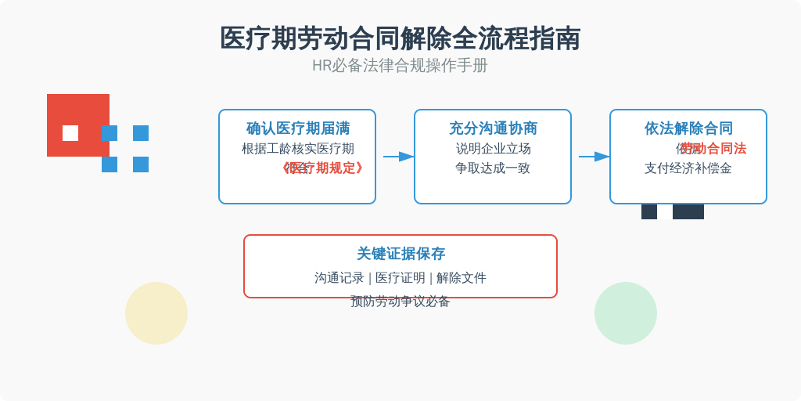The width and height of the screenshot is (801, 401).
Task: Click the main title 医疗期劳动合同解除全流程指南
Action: [400, 38]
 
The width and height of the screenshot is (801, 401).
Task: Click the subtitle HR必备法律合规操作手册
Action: [400, 66]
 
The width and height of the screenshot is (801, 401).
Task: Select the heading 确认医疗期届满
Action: [297, 128]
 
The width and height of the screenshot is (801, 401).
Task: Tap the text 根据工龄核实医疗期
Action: [297, 149]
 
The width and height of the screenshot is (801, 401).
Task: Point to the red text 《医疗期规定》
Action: [323, 168]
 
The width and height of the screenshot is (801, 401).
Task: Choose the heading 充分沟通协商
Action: [493, 128]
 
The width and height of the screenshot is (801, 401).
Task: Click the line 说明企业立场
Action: [493, 149]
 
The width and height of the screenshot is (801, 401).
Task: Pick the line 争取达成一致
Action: [493, 168]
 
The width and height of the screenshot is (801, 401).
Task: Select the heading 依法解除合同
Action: [688, 128]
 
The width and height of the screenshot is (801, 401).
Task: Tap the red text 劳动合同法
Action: [714, 149]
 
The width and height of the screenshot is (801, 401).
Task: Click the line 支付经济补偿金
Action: [688, 168]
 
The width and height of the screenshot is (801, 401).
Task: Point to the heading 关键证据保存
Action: [400, 254]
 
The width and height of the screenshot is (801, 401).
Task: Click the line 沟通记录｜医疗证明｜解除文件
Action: [400, 278]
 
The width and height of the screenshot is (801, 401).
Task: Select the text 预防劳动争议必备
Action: [400, 302]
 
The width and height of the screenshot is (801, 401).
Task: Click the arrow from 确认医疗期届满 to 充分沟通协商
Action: [399, 157]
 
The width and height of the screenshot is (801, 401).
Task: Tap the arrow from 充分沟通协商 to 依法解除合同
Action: [594, 157]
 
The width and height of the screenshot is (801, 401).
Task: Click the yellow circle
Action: [156, 313]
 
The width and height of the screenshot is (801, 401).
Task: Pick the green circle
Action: [626, 313]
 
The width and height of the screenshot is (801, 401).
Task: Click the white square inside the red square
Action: [70, 133]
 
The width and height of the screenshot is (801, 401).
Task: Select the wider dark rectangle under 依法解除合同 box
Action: [688, 211]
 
